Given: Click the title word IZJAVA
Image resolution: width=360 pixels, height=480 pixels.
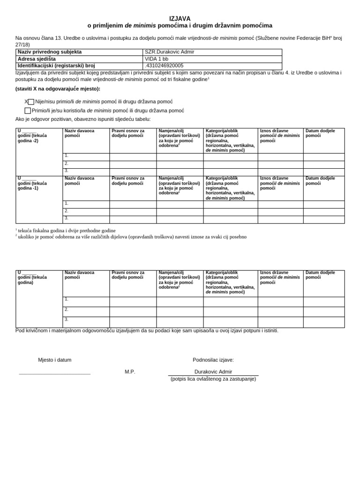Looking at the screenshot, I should click(180, 18).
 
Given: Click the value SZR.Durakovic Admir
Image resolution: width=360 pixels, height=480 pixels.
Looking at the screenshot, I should click(169, 52).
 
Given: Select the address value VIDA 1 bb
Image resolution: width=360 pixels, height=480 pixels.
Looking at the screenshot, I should click(156, 59).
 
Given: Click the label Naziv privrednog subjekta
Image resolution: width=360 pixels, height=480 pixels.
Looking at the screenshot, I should click(50, 52).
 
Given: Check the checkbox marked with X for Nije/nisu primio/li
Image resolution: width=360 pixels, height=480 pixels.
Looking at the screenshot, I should click(31, 102).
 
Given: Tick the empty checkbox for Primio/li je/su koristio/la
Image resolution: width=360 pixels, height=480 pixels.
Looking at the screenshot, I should click(28, 111).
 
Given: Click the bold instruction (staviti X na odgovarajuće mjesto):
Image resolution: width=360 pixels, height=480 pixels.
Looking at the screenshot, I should click(58, 89).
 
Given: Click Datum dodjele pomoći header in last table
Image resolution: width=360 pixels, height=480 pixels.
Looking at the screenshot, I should click(320, 275).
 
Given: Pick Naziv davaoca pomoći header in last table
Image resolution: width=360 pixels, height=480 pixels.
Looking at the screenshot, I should click(80, 275).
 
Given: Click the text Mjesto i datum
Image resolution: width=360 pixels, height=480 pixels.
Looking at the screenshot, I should click(55, 360).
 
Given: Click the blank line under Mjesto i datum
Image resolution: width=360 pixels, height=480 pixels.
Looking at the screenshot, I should click(55, 373).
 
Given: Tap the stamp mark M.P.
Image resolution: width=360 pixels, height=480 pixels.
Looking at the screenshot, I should click(130, 372).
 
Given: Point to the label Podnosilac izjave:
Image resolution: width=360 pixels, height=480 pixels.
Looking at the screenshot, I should click(213, 360).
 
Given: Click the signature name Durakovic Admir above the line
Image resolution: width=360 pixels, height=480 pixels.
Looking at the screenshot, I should click(213, 372).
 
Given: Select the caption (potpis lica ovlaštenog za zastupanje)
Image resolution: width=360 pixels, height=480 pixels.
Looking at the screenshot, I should click(213, 379).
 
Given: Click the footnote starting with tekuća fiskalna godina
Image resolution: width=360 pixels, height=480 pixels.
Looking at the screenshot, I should click(67, 231).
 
